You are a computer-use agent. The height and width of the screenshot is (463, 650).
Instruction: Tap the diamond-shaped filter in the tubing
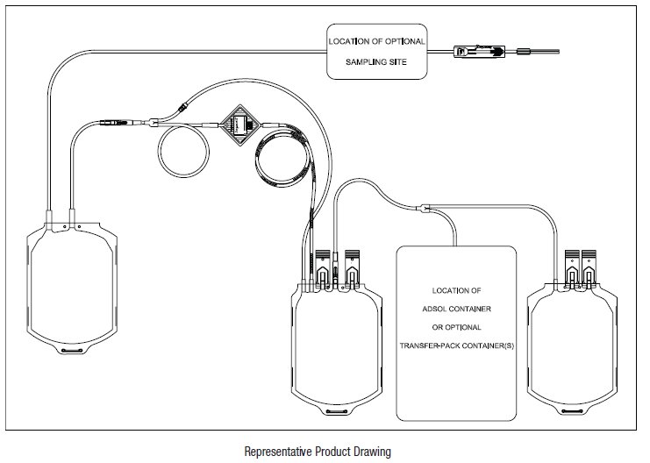pos(240,125)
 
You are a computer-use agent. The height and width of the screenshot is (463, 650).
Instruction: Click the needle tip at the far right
pos(560,52)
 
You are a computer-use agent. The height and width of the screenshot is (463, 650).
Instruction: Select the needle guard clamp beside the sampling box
pos(479,52)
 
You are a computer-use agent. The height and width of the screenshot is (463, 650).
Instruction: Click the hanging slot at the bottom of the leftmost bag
pos(72,351)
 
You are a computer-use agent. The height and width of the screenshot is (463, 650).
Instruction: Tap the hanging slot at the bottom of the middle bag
pos(337,411)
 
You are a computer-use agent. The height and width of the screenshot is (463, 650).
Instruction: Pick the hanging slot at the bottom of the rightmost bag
pos(572,411)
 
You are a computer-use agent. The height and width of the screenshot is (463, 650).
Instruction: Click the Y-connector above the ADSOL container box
pos(425,208)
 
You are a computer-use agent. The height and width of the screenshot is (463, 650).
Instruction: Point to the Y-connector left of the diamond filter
pos(154,123)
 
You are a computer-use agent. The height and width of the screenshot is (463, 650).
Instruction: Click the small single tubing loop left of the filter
pos(183,151)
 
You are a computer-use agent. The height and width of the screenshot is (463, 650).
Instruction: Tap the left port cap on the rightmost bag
pos(572,268)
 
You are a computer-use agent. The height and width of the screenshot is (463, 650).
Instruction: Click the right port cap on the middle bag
pos(352,268)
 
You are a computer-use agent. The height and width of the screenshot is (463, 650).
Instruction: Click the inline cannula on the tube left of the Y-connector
pos(116,123)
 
